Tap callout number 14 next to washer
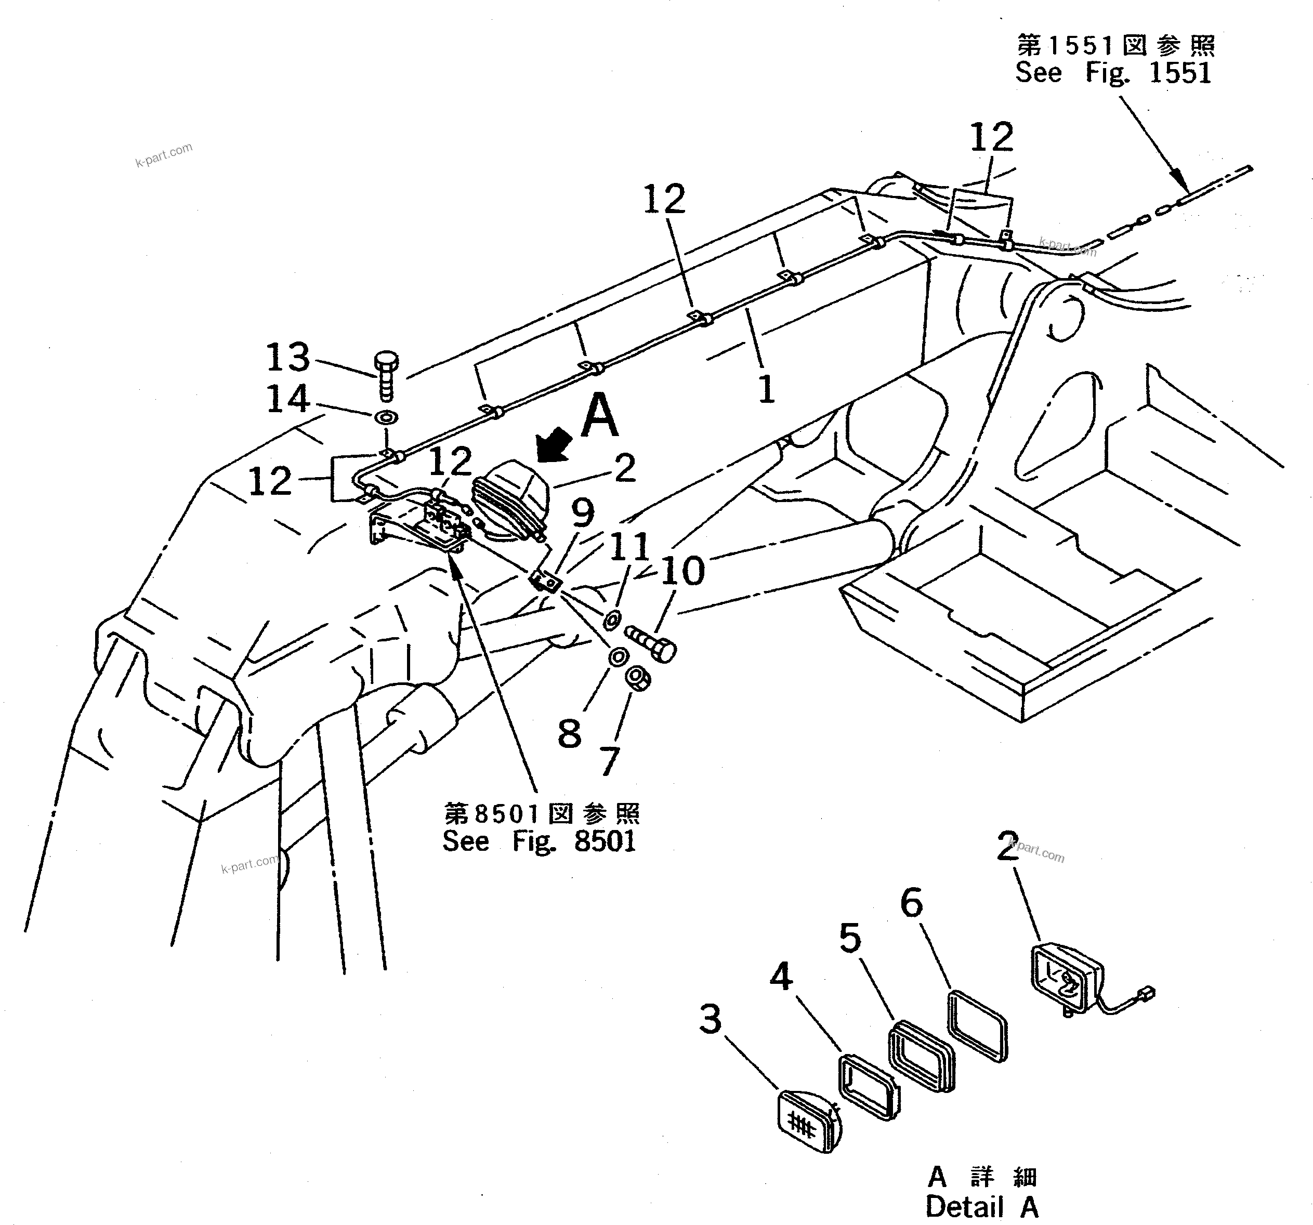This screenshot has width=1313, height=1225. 288,399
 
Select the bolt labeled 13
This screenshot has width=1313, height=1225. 386,376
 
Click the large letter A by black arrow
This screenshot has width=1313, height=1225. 600,415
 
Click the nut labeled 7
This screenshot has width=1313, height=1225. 638,678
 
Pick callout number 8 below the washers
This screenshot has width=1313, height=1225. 569,734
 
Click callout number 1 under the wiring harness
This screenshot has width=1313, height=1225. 766,390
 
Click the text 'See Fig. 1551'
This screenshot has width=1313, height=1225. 1113,73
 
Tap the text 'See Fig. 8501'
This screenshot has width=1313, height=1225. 539,841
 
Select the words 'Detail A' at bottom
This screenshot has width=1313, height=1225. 981,1207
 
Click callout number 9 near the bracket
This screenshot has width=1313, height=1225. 583,512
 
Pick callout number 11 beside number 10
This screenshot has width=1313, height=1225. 629,547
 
